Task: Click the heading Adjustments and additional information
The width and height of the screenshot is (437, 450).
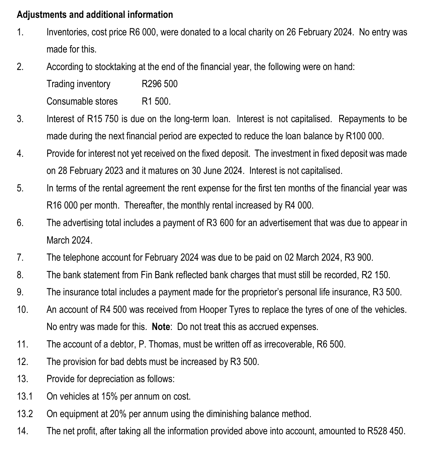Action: [x=95, y=15]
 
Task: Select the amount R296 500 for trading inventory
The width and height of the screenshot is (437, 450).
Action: [x=159, y=84]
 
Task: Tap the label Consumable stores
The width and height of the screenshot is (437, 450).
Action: [x=82, y=101]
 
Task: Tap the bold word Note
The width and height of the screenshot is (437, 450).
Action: [x=161, y=327]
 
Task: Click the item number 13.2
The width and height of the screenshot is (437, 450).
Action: [x=25, y=414]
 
